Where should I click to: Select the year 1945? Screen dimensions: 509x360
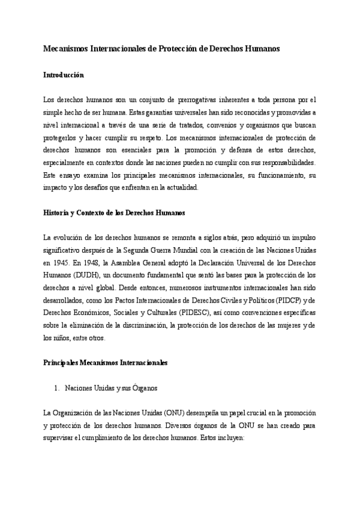point(62,262)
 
